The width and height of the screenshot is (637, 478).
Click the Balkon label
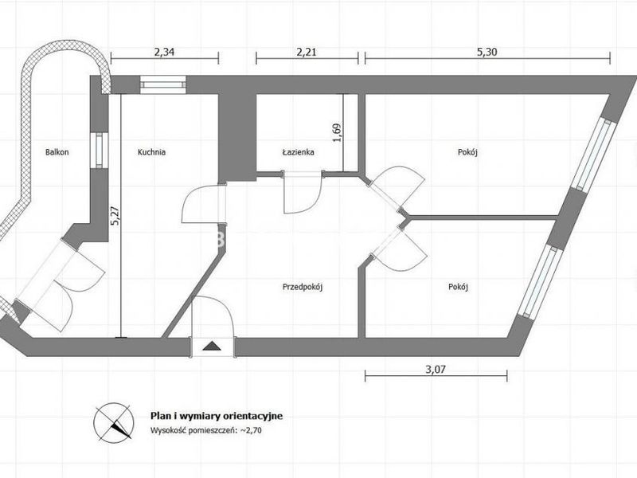pyautogui.click(x=57, y=152)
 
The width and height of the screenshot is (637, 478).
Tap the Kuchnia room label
pyautogui.click(x=151, y=152)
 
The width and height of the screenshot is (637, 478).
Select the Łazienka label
pyautogui.click(x=298, y=152)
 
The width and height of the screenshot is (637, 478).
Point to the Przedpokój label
pyautogui.click(x=303, y=288)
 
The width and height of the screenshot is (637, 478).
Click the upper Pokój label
pyautogui.click(x=467, y=152)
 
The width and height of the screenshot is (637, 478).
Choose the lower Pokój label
pyautogui.click(x=459, y=287)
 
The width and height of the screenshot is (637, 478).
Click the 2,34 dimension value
pyautogui.click(x=165, y=52)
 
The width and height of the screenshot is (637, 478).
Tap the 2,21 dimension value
pyautogui.click(x=307, y=52)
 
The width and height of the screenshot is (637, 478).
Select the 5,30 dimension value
pyautogui.click(x=487, y=52)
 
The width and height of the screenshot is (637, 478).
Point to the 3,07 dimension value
pyautogui.click(x=436, y=370)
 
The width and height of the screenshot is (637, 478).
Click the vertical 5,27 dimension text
pyautogui.click(x=115, y=216)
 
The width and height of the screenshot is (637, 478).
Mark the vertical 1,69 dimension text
pyautogui.click(x=337, y=132)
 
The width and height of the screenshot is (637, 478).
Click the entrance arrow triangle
pyautogui.click(x=211, y=347)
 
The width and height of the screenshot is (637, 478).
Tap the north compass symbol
pyautogui.click(x=114, y=423)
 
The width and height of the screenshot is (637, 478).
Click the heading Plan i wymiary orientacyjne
pyautogui.click(x=217, y=416)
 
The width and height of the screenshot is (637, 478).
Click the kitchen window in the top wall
pyautogui.click(x=163, y=84)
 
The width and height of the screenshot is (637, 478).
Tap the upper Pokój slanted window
pyautogui.click(x=592, y=155)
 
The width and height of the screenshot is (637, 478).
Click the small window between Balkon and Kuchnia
pyautogui.click(x=100, y=151)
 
